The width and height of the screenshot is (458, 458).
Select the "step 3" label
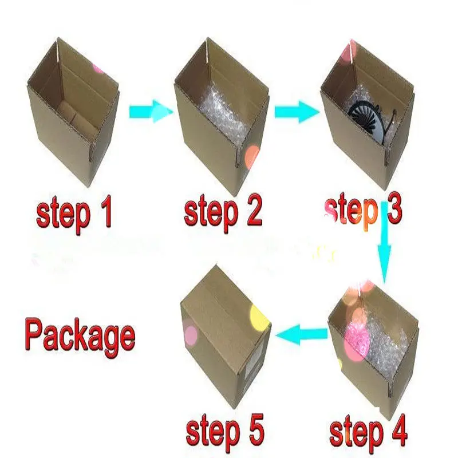tap(364, 212)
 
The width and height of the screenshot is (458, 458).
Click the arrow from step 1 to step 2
tap(151, 111)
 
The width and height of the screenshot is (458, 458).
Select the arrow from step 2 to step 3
tap(297, 112)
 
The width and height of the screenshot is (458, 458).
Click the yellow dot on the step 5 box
tap(260, 318)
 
